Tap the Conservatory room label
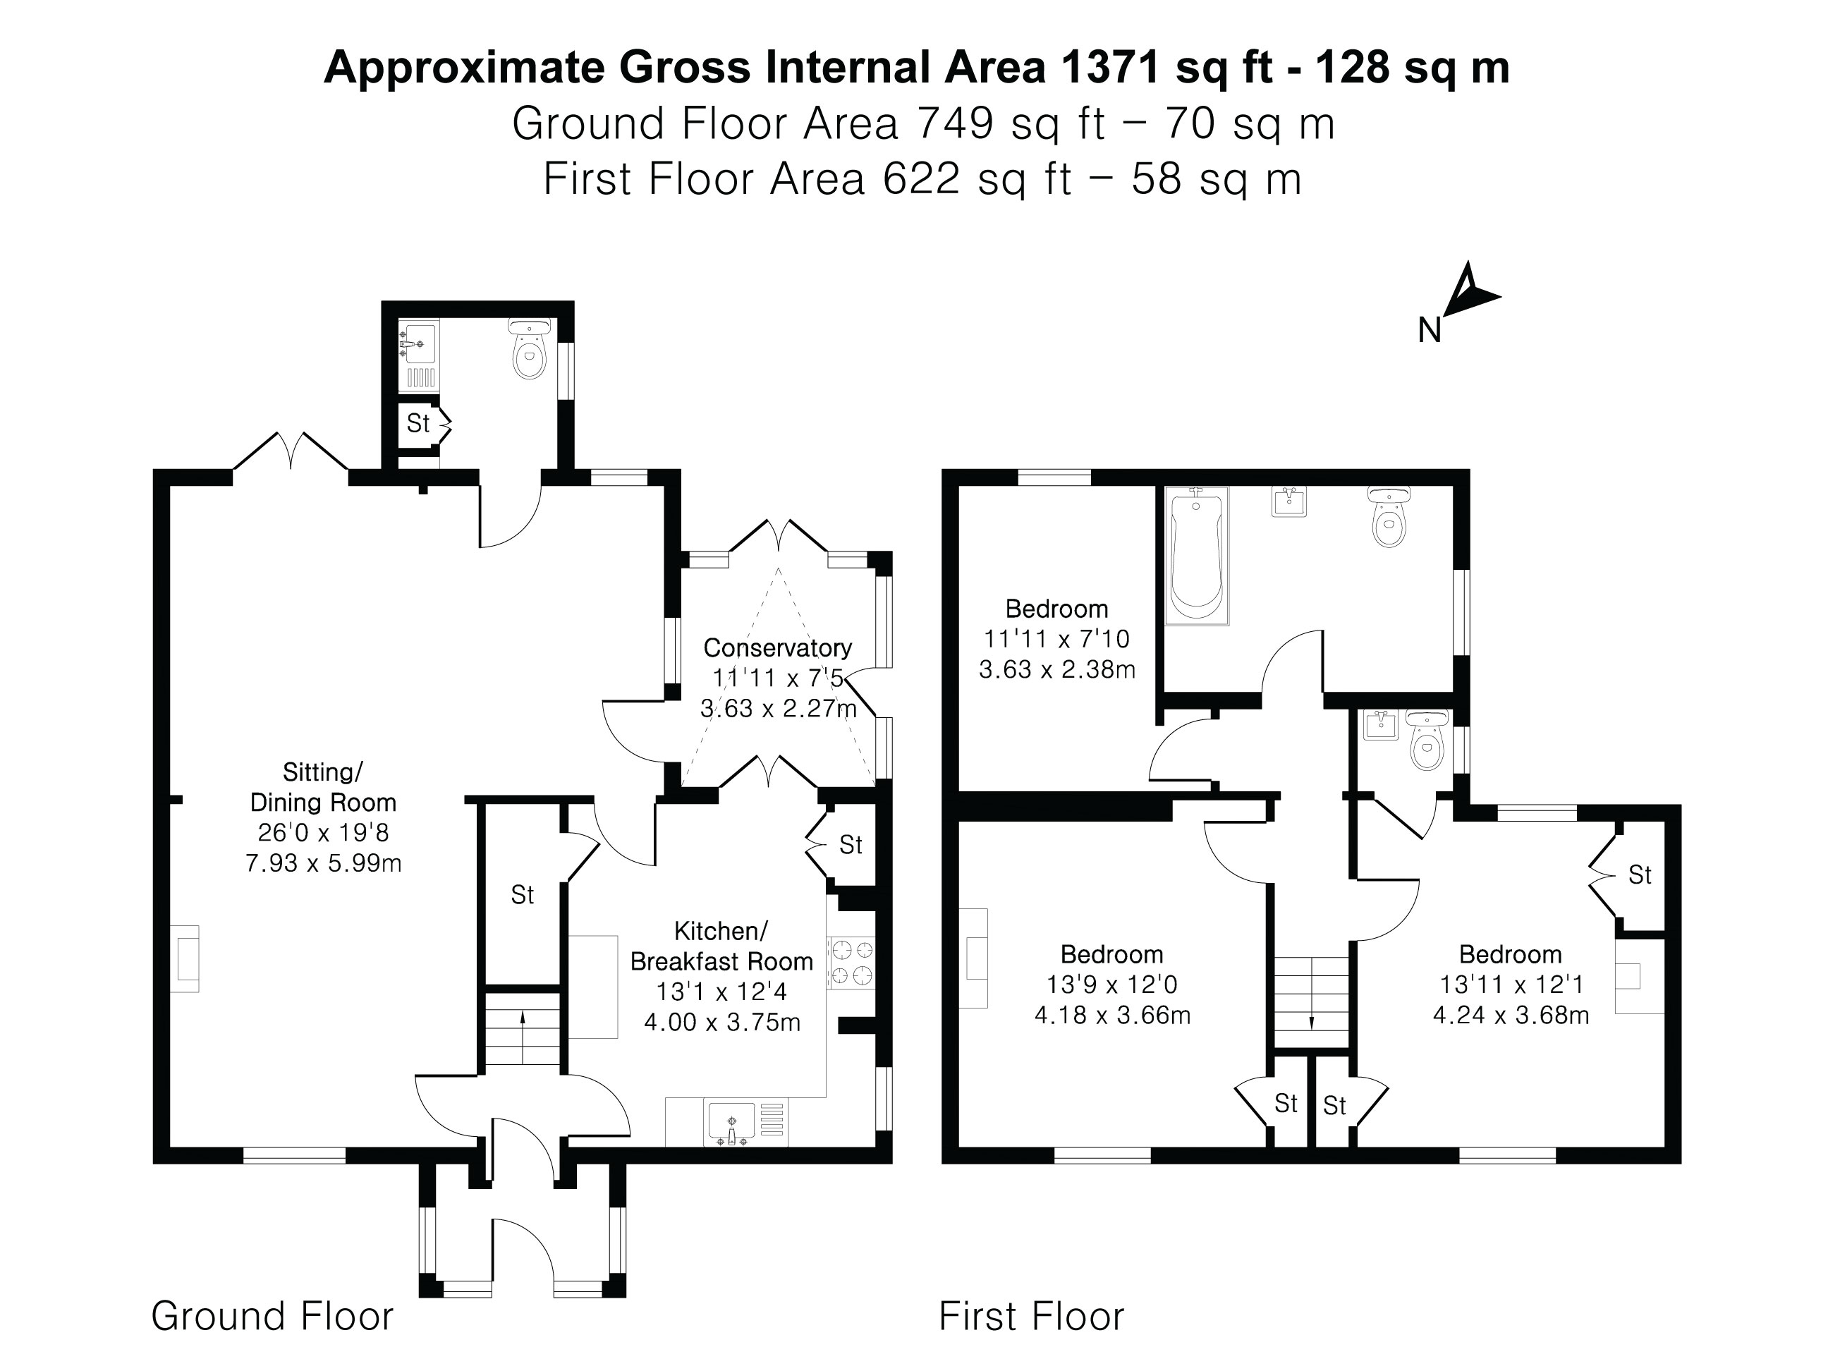click(776, 648)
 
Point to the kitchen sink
click(731, 1123)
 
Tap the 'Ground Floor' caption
click(272, 1315)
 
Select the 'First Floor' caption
click(1030, 1315)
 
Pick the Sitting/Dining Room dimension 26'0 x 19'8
click(323, 832)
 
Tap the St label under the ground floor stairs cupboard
click(523, 894)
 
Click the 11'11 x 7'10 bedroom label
click(1056, 639)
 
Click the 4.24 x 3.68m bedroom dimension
click(1510, 1015)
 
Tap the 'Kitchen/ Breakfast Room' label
click(721, 946)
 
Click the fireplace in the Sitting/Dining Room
click(185, 958)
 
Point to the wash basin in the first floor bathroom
click(1288, 501)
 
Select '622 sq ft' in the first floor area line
click(977, 179)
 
